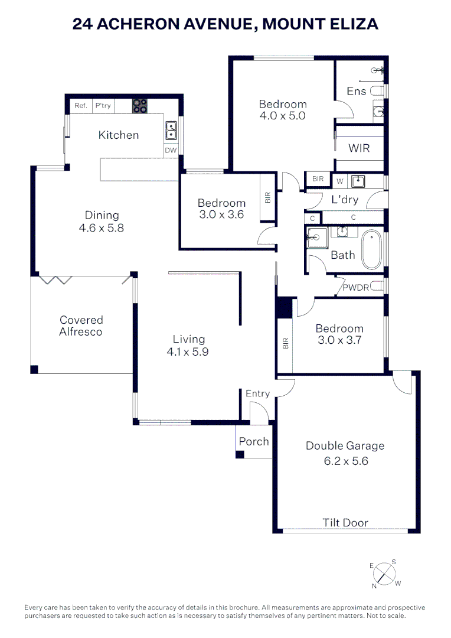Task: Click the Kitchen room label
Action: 118,135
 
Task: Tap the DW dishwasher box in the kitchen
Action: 171,151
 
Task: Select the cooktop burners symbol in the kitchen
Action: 140,106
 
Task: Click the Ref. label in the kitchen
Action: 81,106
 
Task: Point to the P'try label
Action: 103,106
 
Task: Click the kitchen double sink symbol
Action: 171,128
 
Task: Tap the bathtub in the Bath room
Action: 372,251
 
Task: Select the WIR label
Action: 359,148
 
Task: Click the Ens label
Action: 356,91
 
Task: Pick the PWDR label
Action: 356,288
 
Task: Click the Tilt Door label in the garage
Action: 345,522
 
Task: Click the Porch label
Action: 254,441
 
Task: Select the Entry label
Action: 257,393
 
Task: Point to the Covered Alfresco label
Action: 81,325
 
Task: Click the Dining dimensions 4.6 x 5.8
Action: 102,227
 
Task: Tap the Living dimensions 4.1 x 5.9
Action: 189,351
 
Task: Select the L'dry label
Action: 344,200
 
